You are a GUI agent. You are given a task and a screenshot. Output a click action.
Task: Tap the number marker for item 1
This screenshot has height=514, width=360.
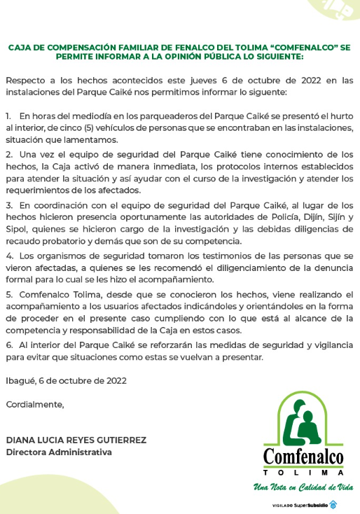point(8,116)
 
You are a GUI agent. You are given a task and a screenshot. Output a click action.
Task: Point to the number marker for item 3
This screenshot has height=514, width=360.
point(8,205)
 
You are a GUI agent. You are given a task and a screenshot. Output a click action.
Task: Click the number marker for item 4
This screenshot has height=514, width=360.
point(8,256)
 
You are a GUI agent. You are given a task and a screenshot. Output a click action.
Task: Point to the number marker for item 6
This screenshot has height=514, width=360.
point(8,345)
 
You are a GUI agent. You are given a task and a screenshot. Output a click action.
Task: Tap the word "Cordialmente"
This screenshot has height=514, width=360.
point(34,404)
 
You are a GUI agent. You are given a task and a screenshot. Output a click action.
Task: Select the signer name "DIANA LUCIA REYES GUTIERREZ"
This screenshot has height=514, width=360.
point(76,440)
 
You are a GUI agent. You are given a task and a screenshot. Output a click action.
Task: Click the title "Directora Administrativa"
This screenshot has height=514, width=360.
point(59,452)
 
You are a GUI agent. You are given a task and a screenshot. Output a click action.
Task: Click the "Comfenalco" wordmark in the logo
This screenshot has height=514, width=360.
point(303,457)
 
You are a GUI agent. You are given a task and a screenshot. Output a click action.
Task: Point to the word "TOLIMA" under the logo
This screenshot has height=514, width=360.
point(303,473)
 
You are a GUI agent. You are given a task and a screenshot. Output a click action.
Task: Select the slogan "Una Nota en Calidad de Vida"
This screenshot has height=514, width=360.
point(303,487)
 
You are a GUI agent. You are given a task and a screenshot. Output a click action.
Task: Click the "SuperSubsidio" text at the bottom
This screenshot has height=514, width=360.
point(310,505)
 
